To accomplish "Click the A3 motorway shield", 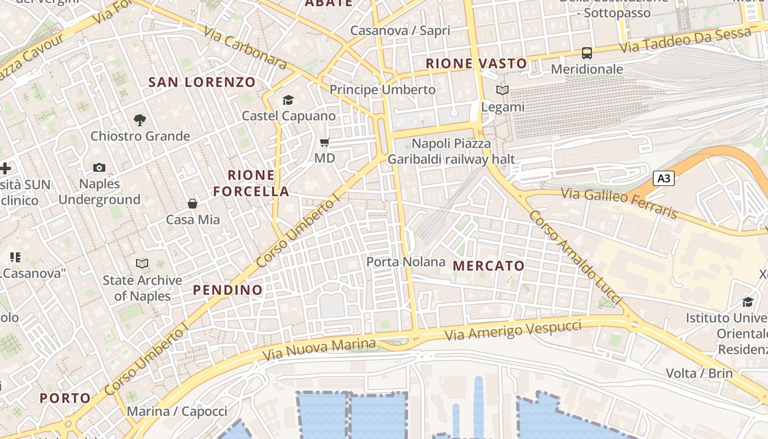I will (x=663, y=178).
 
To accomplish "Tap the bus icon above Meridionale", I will (x=587, y=53).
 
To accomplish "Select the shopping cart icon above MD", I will (x=324, y=143).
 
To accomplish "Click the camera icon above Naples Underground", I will (x=99, y=167).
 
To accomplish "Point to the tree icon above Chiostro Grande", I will (x=140, y=120).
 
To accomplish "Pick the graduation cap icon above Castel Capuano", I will (x=288, y=100).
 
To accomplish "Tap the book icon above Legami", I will (x=502, y=91).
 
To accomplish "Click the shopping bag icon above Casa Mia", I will (x=193, y=204).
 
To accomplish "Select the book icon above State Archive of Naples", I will (x=142, y=264).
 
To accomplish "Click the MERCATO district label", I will (x=489, y=266).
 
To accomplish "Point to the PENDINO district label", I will (x=228, y=290).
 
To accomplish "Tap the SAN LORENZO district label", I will (x=202, y=83).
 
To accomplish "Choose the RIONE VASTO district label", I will (x=476, y=64).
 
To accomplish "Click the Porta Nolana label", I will (x=405, y=262).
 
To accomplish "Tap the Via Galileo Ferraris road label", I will (x=619, y=201).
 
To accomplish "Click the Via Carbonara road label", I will (x=245, y=47).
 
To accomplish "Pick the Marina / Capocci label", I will (x=177, y=411).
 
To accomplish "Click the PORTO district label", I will (x=65, y=398).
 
